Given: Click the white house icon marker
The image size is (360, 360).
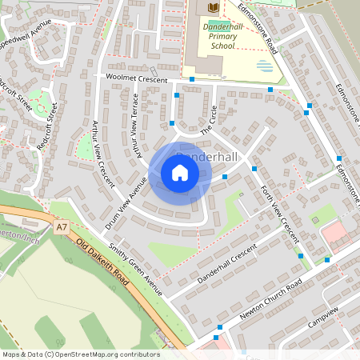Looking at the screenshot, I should (x=180, y=173).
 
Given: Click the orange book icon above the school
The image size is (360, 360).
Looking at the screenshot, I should (x=212, y=7).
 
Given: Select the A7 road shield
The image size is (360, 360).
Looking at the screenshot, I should (x=62, y=227).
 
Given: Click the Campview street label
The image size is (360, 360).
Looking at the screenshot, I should (x=322, y=316).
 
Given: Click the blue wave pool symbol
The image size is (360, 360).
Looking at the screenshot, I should (x=263, y=64).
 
